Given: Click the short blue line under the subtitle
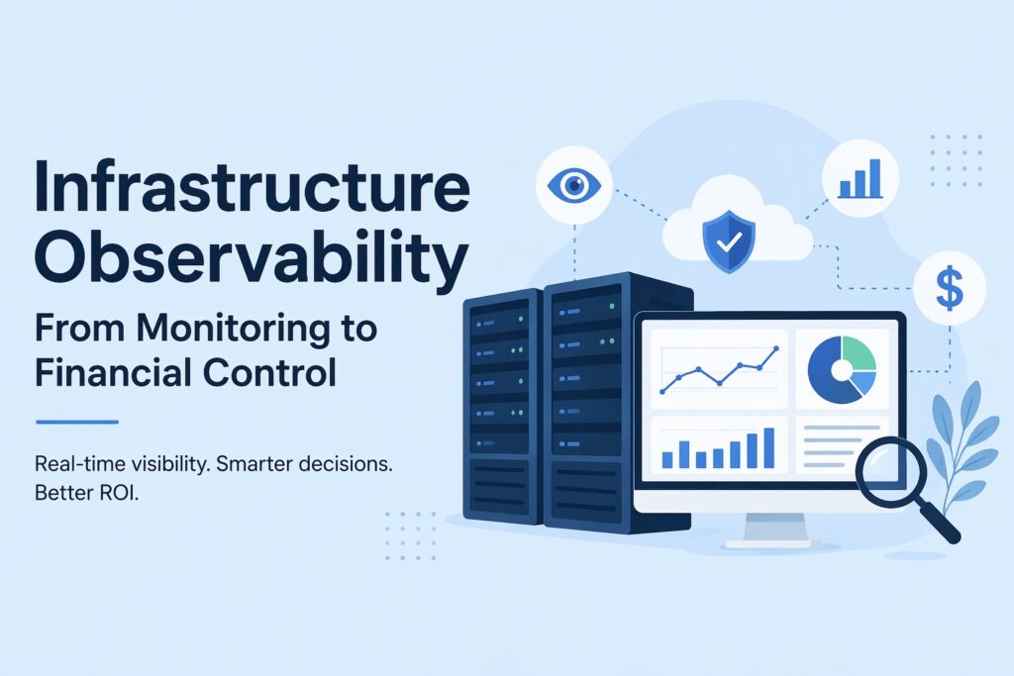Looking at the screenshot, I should coord(76,423).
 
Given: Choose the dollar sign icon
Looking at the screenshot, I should coord(948,287).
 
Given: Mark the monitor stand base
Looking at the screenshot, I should coord(767,542).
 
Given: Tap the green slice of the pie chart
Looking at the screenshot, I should coord(859,353).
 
